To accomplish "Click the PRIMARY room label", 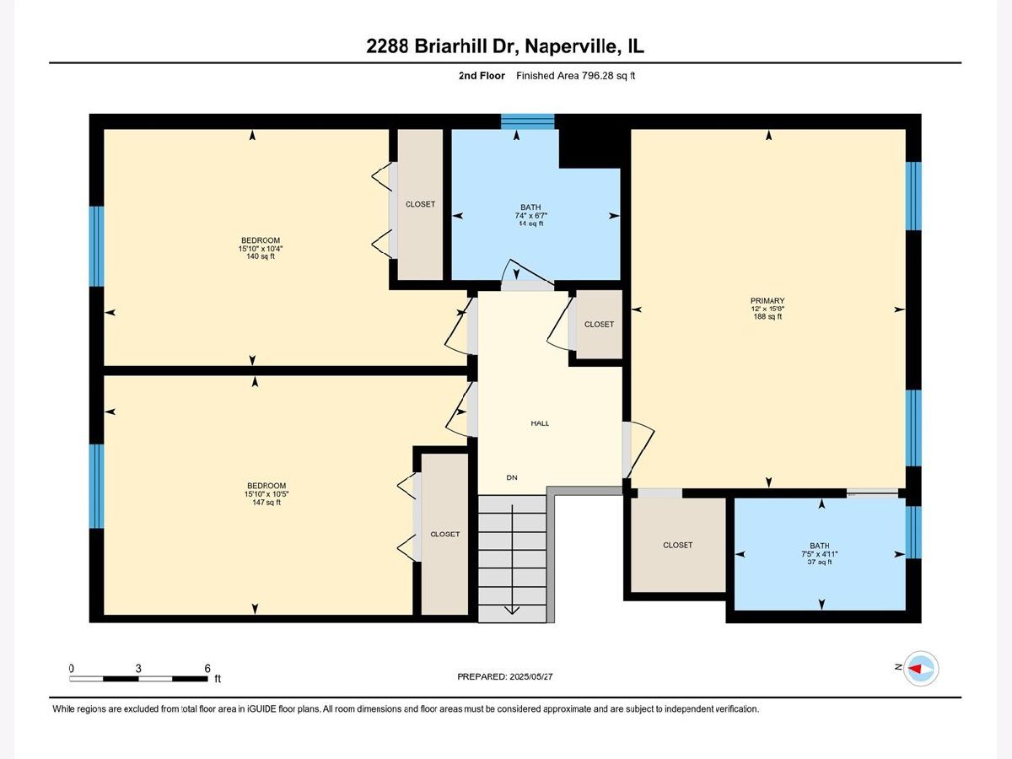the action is tap(767, 300).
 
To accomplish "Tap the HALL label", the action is tap(540, 423).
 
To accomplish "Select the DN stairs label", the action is tap(512, 477).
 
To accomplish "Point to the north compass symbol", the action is tap(921, 668).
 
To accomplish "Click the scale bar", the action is tap(138, 678).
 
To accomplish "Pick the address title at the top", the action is tap(505, 46).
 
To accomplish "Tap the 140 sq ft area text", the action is tap(261, 256).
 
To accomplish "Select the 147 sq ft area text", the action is tap(266, 502).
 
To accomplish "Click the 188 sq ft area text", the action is tap(767, 316).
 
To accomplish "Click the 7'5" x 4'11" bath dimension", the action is tap(819, 554).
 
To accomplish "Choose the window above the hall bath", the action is tap(528, 121).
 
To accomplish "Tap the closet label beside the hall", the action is tap(599, 325).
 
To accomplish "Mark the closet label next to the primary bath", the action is tap(678, 545).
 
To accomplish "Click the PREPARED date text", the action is tap(505, 676).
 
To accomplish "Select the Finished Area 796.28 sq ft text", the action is tap(575, 76).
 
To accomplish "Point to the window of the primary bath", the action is tap(913, 532).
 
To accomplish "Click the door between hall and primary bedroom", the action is tap(638, 449).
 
